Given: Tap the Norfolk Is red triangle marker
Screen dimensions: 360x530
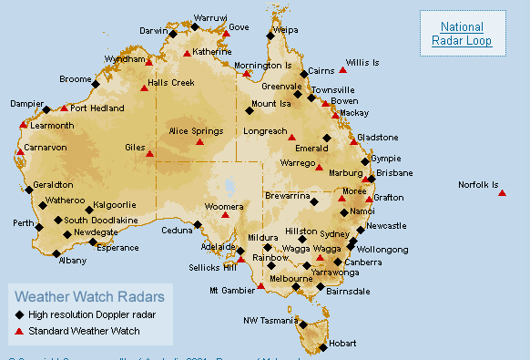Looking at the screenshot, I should click(x=502, y=193).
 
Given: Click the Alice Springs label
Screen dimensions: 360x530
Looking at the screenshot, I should click(x=196, y=131).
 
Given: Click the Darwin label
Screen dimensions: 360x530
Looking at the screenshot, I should click(x=154, y=30).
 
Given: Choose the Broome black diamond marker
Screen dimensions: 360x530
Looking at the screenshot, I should click(x=96, y=84).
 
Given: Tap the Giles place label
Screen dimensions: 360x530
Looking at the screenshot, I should click(x=136, y=147).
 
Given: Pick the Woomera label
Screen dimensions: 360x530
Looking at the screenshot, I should click(x=223, y=207).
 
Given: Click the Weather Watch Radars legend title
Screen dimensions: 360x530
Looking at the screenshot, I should click(x=90, y=296).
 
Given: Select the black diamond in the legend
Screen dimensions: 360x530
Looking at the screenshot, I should click(x=20, y=314).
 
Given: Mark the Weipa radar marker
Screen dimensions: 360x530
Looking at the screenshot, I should click(x=270, y=36).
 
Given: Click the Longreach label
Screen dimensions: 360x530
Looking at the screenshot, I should click(x=264, y=131).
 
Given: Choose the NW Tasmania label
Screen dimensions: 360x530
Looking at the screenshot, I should click(x=270, y=320).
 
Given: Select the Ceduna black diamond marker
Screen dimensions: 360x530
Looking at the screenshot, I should click(x=198, y=223).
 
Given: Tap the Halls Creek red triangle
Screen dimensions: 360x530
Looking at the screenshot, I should click(x=144, y=88).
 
